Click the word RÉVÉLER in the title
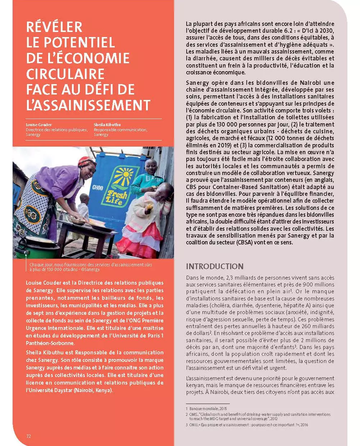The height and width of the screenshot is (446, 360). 54,27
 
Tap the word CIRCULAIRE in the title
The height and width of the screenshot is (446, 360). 65,74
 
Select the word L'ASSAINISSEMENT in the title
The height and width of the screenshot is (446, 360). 88,105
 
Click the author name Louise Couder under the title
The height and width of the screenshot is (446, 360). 39,125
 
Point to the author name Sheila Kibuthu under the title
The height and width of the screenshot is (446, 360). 108,125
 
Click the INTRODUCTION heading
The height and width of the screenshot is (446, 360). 215,266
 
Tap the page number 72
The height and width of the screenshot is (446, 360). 29,436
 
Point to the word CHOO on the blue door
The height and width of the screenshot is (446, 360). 97,188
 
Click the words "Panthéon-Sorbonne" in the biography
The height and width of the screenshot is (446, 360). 50,343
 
